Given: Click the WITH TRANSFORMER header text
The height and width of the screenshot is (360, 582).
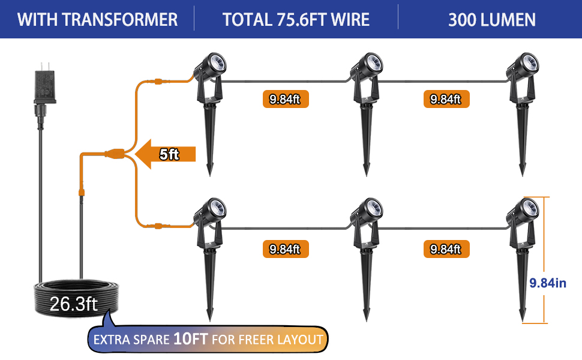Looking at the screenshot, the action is coord(97,19).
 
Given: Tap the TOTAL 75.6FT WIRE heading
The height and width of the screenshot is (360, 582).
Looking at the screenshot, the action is coord(296,19).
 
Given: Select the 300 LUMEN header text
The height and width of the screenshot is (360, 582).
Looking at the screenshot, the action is coord(492,19).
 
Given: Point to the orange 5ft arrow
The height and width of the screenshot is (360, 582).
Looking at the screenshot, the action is coord(166,154).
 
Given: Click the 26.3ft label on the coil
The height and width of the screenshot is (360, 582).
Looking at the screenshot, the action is coord(73,304).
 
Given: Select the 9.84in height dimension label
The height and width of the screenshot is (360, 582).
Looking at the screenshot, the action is coord(548,283).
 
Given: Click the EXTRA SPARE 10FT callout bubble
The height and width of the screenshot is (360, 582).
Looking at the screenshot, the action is coord(208,340).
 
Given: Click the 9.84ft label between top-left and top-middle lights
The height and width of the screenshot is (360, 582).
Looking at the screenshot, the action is coord(285,99).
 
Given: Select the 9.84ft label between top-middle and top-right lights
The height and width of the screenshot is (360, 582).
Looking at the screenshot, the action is coord(445,99).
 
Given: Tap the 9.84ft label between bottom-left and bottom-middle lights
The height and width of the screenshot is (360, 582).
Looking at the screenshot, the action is coord(285,248).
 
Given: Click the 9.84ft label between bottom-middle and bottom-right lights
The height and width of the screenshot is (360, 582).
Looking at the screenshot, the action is coord(445,248).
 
